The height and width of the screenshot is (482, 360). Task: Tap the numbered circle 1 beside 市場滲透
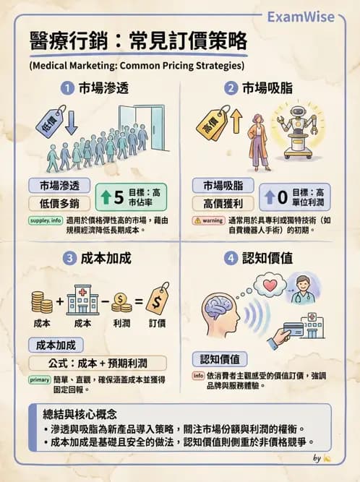tap(67, 89)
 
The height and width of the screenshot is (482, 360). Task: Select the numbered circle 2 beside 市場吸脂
tap(231, 89)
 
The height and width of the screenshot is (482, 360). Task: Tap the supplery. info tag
tap(46, 220)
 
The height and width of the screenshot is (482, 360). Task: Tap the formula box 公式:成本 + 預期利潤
tap(97, 363)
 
